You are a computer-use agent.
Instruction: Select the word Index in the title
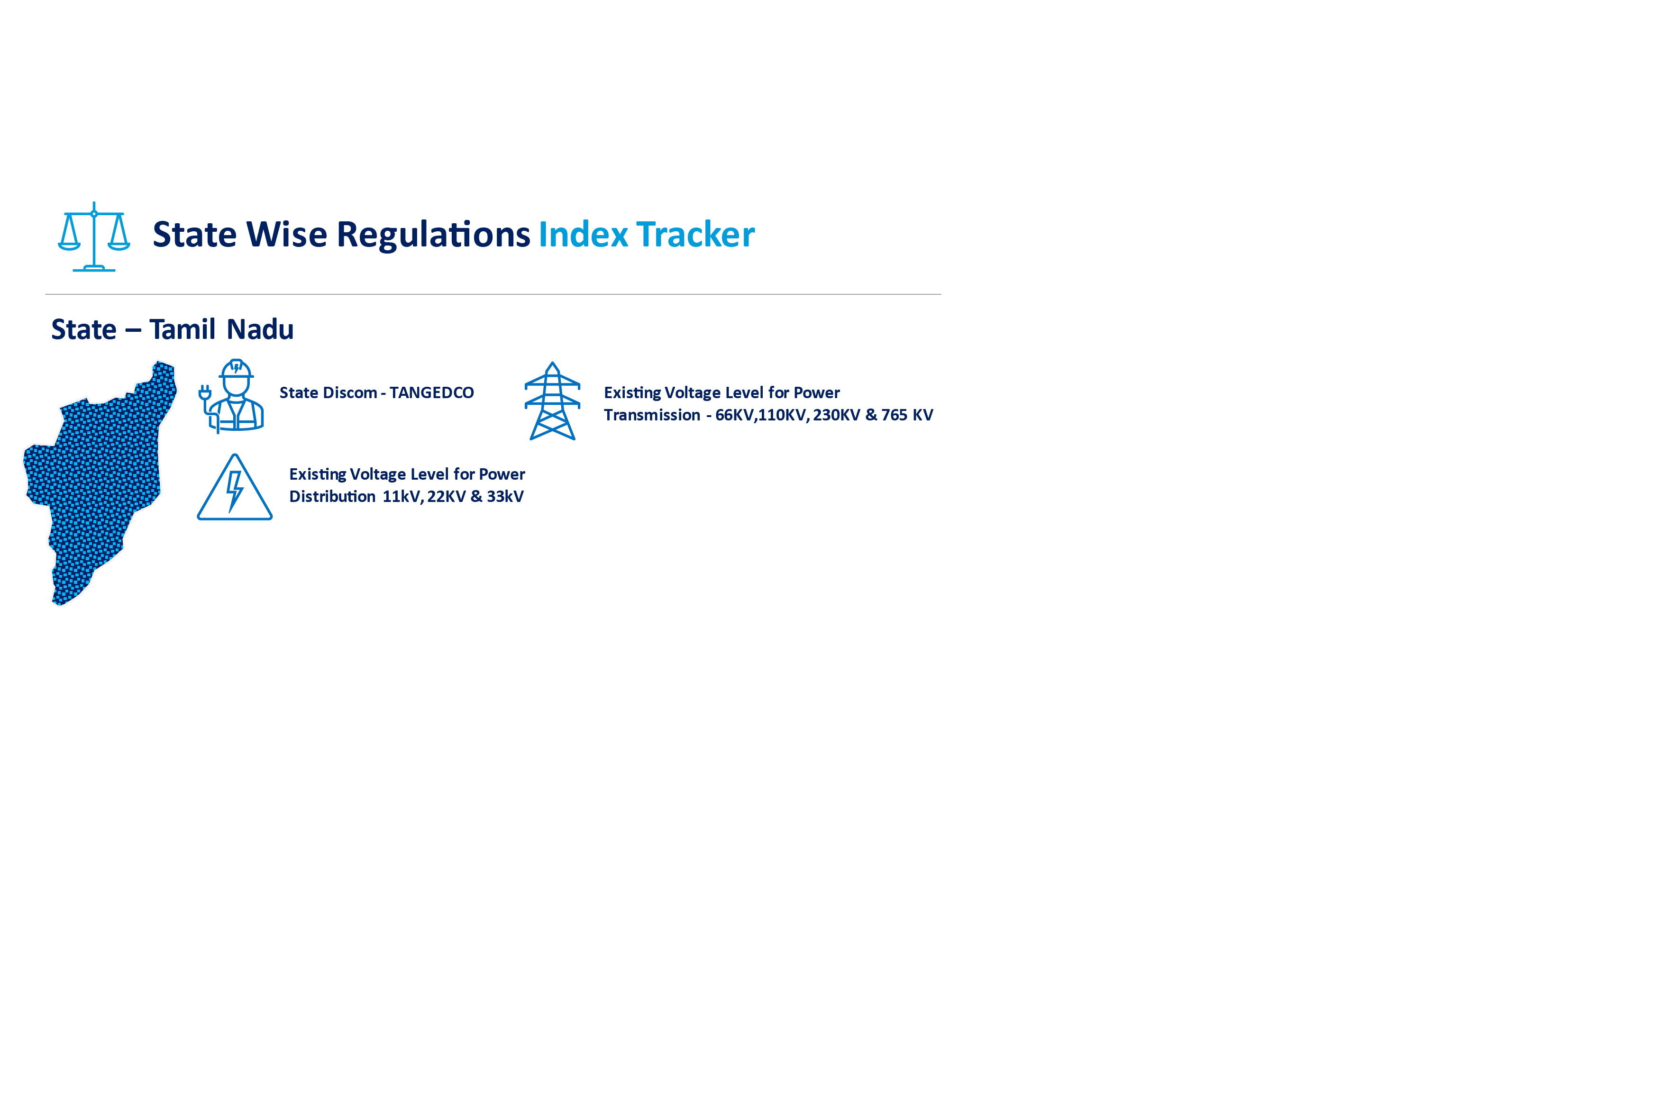[x=583, y=234]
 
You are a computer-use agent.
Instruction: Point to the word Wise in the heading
[x=286, y=234]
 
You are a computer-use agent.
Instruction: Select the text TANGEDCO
[x=431, y=393]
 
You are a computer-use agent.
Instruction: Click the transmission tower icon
[x=552, y=401]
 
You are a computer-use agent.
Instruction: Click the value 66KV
[x=734, y=415]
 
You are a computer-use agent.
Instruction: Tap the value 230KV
[x=836, y=415]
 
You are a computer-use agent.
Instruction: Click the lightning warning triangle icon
[x=234, y=488]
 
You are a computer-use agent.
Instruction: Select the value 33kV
[x=505, y=496]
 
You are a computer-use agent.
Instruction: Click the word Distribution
[x=332, y=496]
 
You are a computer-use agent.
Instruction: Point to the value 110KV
[x=783, y=415]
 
